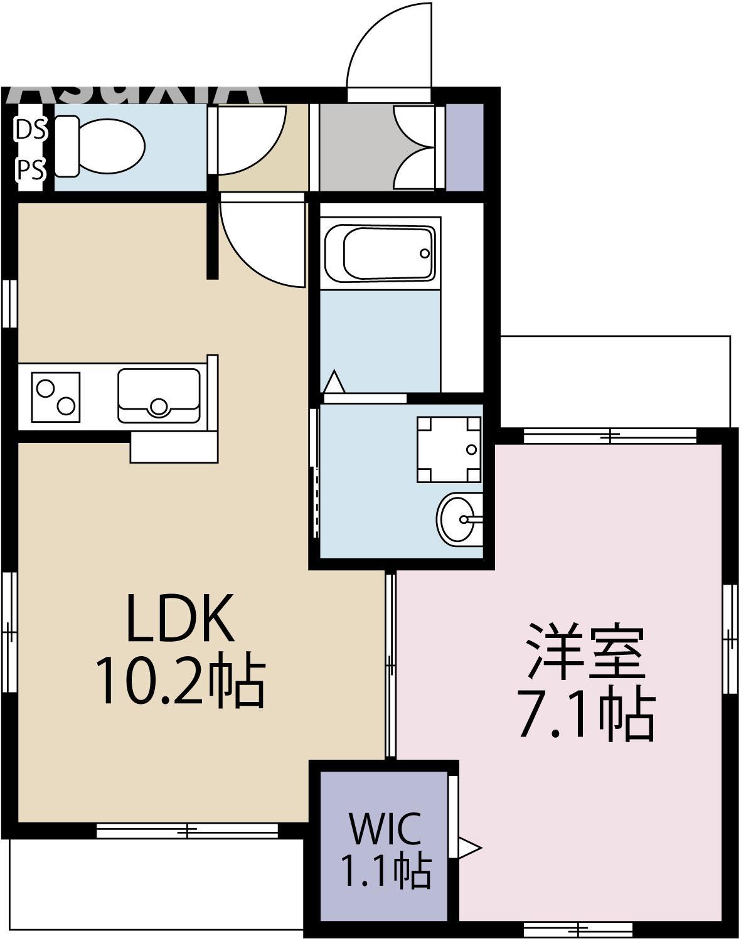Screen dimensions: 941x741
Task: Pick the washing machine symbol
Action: click(449, 449)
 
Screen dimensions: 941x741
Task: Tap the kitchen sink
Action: click(159, 396)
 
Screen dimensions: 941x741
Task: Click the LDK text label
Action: click(180, 617)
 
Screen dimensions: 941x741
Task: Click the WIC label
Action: click(385, 828)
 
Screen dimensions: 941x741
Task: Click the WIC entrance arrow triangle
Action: click(469, 849)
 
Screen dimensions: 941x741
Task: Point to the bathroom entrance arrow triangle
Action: click(334, 381)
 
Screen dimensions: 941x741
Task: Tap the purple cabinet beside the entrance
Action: click(465, 146)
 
